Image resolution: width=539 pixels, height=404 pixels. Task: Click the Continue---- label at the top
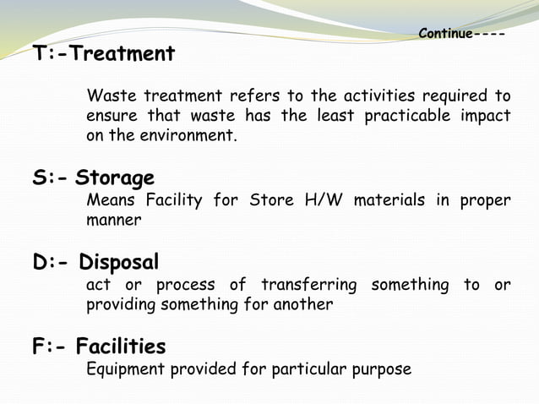461,35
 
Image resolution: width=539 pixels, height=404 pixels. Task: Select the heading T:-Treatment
104,55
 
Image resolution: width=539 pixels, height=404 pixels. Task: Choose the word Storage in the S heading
114,178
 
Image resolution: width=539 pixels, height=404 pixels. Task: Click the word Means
110,200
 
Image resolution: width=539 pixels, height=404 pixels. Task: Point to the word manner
113,221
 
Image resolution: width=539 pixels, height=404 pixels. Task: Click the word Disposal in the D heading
119,261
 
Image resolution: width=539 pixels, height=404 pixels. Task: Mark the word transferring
308,285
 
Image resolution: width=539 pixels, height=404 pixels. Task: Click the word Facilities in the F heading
120,347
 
